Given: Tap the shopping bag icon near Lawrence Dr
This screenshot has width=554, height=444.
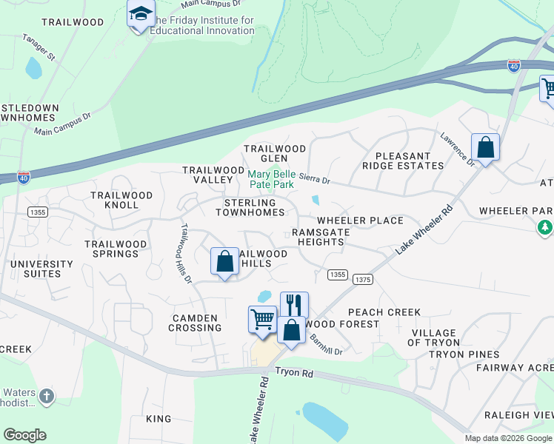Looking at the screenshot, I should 485,147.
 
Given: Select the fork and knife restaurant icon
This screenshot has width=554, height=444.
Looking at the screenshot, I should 294,303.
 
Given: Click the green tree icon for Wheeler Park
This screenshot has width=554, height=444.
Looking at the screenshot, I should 545,227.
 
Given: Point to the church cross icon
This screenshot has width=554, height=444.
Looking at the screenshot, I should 47,397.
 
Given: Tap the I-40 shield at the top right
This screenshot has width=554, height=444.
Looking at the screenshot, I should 513,66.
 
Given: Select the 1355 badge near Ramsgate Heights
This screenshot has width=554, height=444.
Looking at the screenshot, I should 337,275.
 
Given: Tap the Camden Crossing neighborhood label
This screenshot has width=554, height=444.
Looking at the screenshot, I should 195,323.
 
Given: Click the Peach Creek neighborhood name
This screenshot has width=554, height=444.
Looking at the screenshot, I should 384,312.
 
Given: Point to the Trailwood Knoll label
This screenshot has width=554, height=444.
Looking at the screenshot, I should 121,200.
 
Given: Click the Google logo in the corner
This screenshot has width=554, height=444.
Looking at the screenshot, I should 24,435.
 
